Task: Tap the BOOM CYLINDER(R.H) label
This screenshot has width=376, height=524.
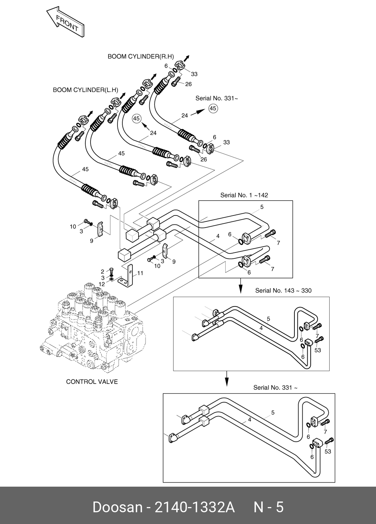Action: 141,56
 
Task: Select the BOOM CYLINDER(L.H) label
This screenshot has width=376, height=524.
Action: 85,90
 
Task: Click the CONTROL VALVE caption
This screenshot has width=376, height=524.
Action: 92,382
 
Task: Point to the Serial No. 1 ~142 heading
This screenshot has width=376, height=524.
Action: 244,195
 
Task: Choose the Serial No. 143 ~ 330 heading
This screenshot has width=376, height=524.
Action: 283,291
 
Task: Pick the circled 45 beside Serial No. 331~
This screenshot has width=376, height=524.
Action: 213,109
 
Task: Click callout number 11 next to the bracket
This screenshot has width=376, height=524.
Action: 140,273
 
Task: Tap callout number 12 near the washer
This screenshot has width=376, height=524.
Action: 102,284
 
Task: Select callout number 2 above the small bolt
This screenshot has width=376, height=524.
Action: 103,272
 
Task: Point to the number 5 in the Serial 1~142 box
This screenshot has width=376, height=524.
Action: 262,207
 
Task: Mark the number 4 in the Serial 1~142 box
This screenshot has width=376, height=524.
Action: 218,236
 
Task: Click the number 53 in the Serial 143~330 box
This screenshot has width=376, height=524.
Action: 318,350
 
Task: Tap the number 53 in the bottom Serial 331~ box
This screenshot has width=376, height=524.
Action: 328,451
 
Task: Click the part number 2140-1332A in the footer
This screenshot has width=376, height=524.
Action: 195,507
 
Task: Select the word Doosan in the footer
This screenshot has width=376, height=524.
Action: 117,507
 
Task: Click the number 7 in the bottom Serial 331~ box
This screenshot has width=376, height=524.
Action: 325,432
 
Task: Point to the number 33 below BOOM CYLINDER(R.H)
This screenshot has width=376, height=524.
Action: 194,74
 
